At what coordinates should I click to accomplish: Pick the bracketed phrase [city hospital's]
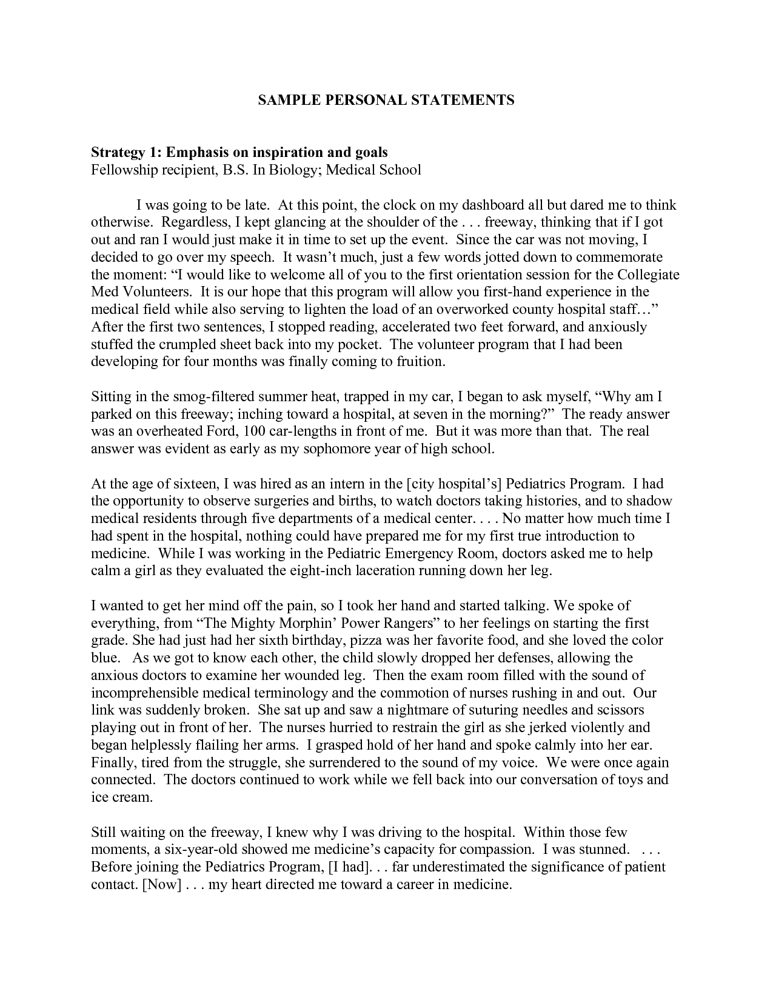point(453,484)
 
